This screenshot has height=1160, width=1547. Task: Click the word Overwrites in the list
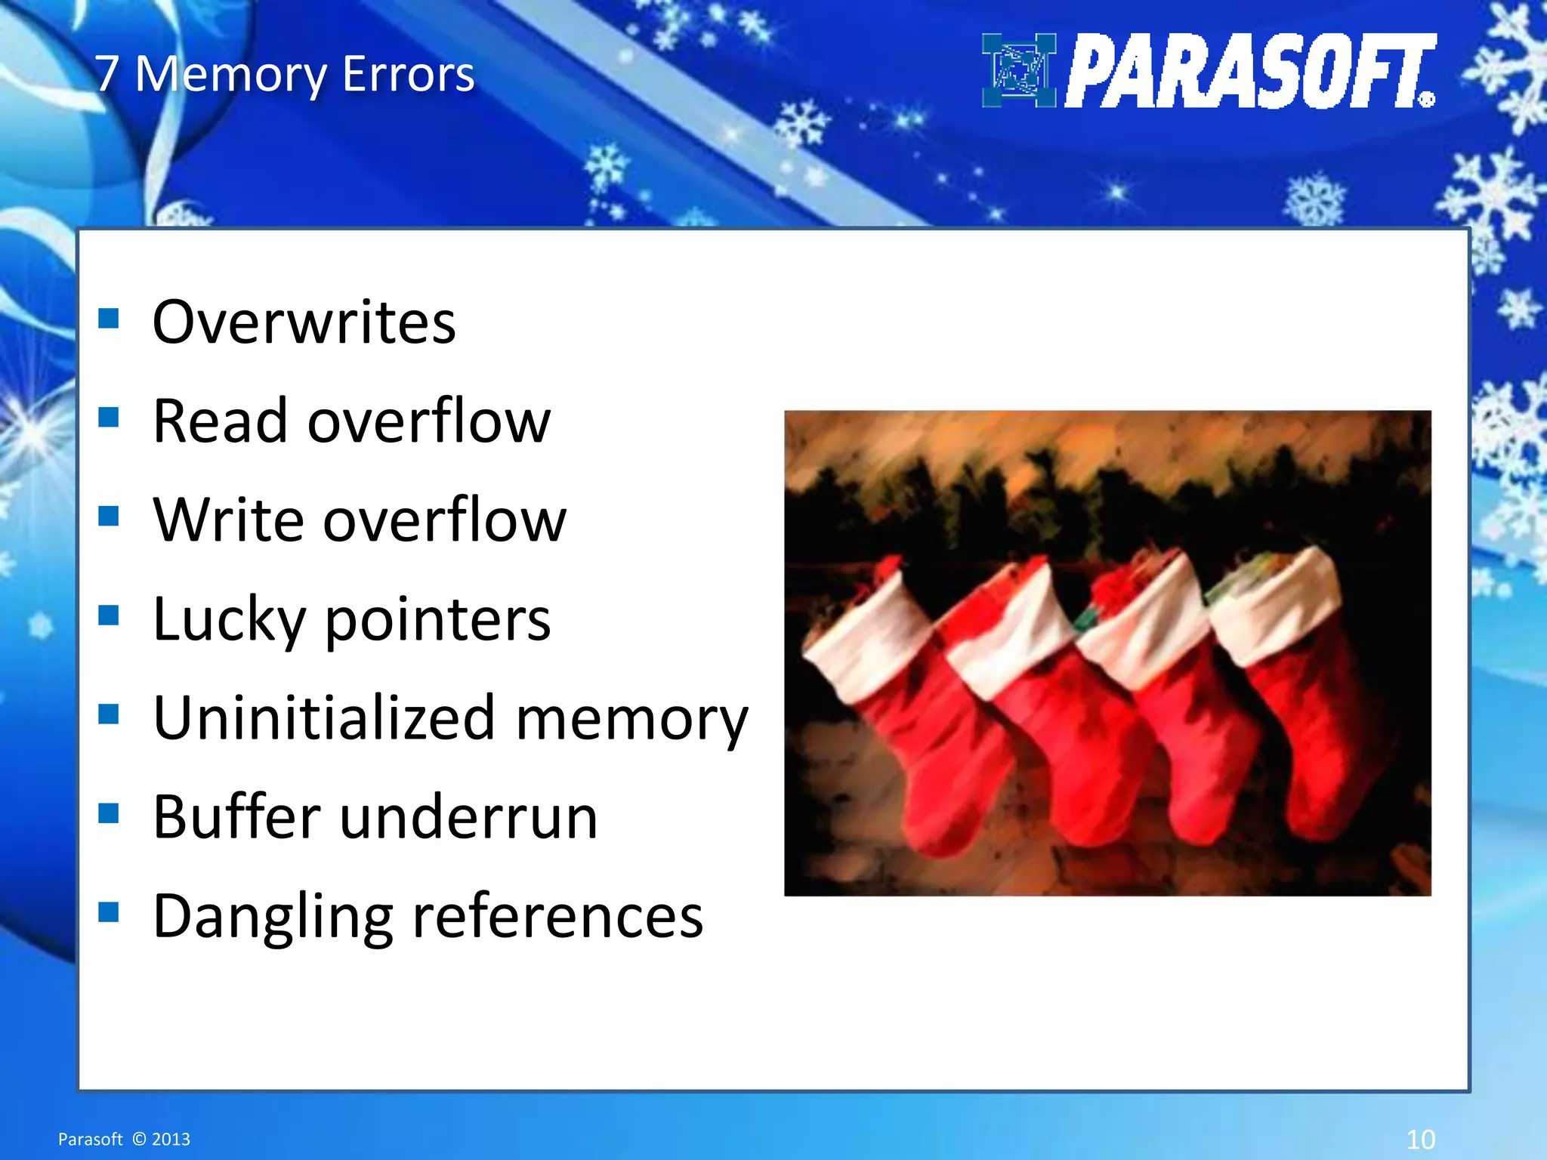coord(304,322)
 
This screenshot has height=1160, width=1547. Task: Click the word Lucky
coord(228,619)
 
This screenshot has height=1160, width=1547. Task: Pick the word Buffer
coord(236,817)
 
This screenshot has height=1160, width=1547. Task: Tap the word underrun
coord(468,817)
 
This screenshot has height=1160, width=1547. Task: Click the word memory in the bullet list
coord(631,719)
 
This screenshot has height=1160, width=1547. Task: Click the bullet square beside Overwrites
coord(109,319)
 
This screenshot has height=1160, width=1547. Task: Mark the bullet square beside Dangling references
coord(109,912)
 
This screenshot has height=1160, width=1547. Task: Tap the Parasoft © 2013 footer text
coord(124,1139)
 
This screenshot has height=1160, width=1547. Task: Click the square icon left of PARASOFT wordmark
coord(1018,70)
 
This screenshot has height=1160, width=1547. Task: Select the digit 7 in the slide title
coord(107,74)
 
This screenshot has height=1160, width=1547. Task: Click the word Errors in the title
coord(408,74)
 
